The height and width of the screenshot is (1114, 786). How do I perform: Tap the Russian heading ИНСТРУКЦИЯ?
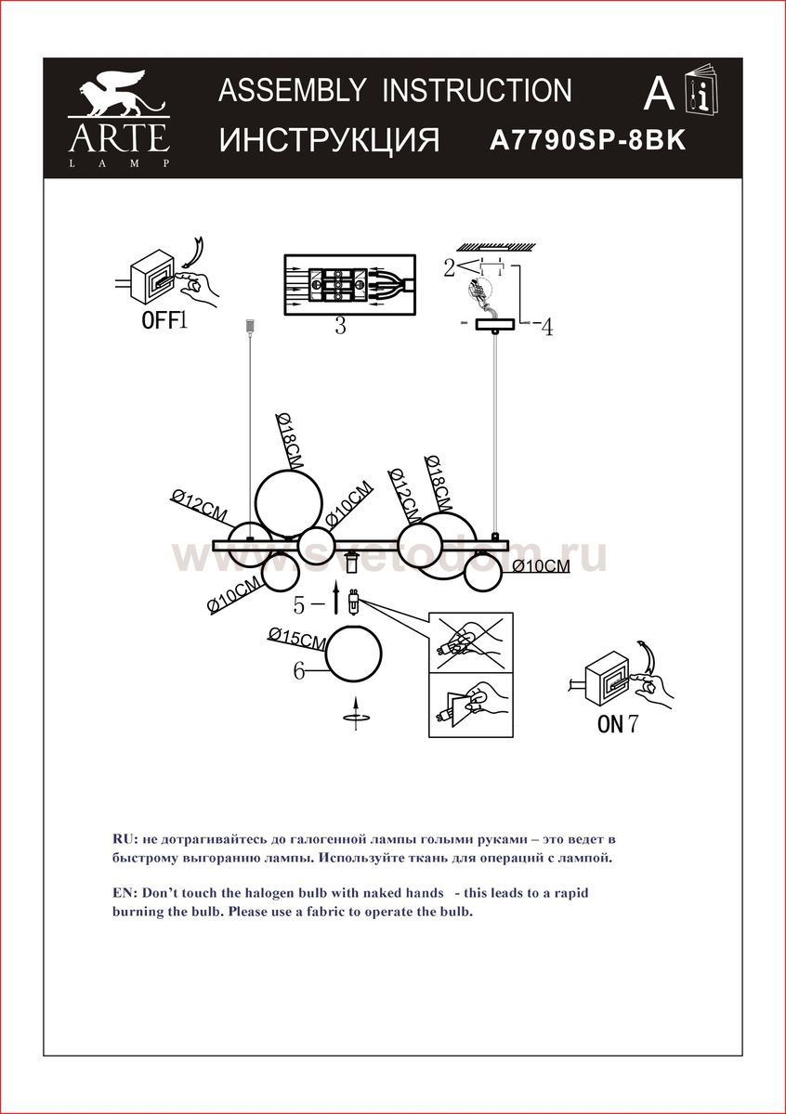(x=329, y=140)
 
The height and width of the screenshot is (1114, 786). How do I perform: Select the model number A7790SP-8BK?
(x=586, y=141)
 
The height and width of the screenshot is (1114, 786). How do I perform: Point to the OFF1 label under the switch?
(x=164, y=322)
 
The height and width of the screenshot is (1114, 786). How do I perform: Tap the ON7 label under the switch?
(x=618, y=725)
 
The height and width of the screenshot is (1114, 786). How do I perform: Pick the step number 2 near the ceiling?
(x=449, y=268)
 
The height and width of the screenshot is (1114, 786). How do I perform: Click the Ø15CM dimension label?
(x=295, y=639)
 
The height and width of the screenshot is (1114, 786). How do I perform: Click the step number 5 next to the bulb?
(x=299, y=605)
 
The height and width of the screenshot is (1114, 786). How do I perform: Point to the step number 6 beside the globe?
(x=299, y=671)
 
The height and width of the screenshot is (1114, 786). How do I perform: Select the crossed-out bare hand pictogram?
(x=471, y=641)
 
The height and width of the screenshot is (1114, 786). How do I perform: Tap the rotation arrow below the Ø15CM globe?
(x=356, y=717)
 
